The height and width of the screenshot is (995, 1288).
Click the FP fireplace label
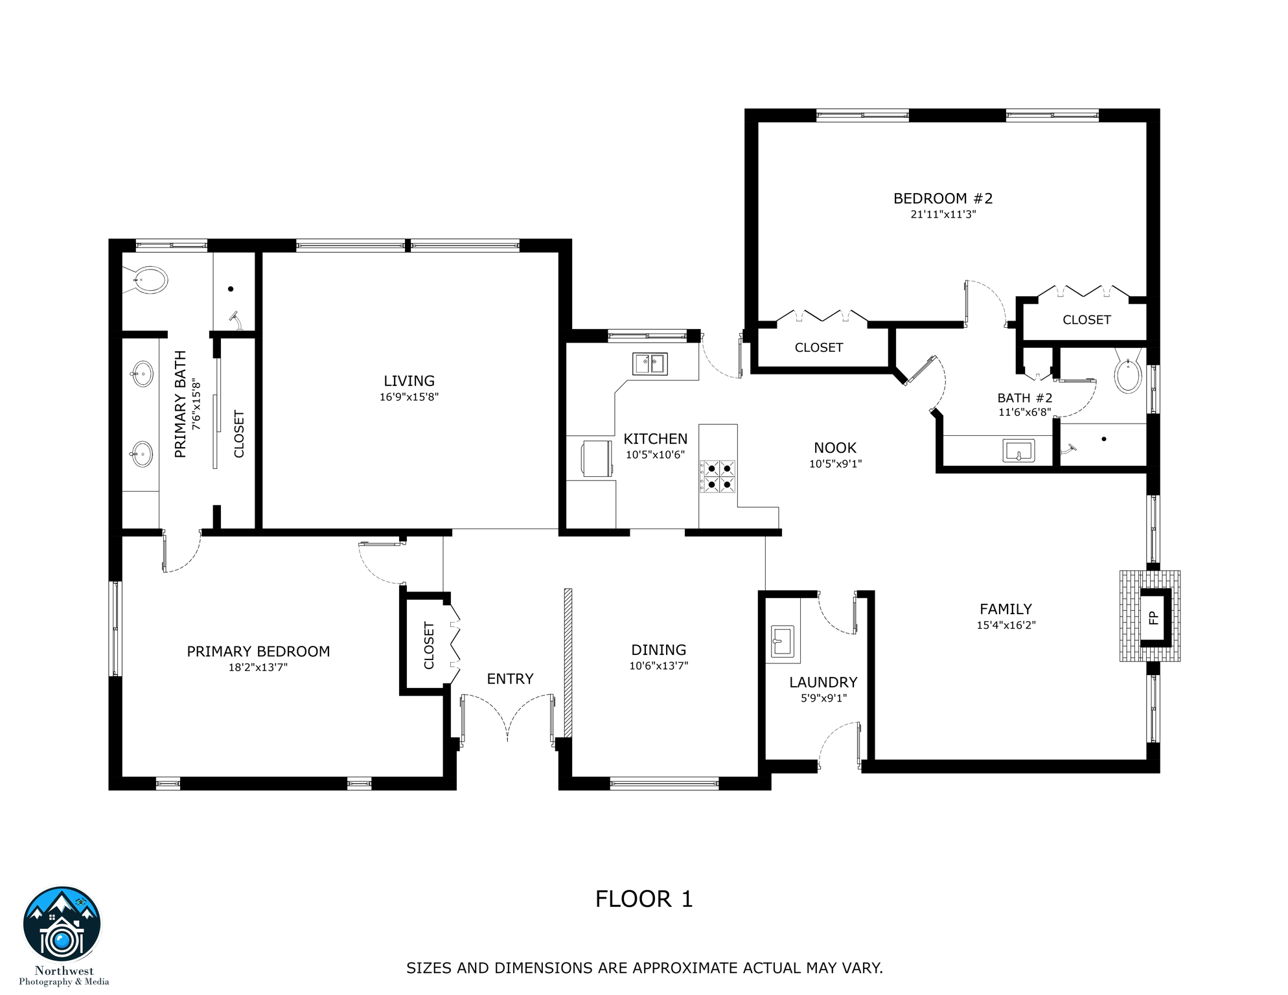tap(1153, 617)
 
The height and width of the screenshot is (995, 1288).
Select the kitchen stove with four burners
tap(719, 476)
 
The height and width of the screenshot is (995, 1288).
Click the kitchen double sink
tap(650, 363)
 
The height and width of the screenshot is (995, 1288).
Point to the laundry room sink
tap(782, 641)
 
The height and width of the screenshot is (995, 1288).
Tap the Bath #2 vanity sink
tap(1018, 450)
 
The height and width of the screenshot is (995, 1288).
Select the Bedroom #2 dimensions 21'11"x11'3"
tap(943, 214)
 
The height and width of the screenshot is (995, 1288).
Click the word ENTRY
tap(510, 679)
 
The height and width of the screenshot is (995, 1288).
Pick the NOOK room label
tap(835, 448)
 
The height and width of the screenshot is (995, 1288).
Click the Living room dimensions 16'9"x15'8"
tap(409, 397)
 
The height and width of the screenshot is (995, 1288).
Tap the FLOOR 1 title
tap(644, 899)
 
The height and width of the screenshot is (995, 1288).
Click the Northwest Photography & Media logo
tap(62, 926)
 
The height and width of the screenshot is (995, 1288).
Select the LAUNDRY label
tap(823, 682)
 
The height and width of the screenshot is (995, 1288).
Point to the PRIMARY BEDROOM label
tap(259, 651)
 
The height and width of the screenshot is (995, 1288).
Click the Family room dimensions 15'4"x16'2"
tap(1006, 625)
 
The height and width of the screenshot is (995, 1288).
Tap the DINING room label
tap(658, 650)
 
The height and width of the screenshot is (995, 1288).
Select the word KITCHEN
tap(655, 439)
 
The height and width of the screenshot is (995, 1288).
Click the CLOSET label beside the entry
tap(429, 645)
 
